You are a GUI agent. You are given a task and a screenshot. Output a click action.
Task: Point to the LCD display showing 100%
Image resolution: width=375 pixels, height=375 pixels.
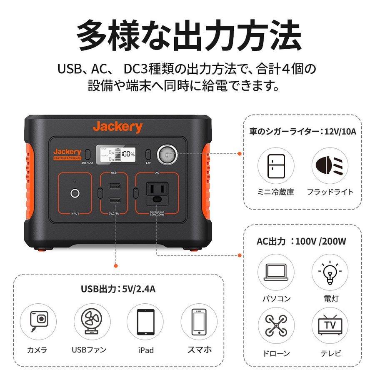click(x=116, y=154)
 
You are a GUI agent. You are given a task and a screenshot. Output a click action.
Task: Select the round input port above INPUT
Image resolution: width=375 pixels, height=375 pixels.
click(x=74, y=193)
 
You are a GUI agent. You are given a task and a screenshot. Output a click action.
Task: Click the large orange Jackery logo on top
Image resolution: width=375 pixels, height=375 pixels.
click(x=117, y=127)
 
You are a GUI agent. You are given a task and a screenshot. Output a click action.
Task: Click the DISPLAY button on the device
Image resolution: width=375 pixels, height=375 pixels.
click(x=88, y=154)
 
